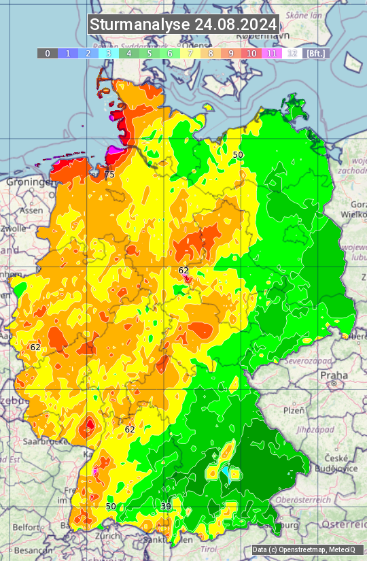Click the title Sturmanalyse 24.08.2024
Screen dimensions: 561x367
click(x=183, y=24)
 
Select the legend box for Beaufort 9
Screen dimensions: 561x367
click(x=231, y=53)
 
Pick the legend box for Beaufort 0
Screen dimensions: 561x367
click(x=48, y=53)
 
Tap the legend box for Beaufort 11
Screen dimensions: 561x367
click(x=272, y=53)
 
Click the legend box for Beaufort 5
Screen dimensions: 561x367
click(x=150, y=53)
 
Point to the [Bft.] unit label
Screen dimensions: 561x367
click(x=316, y=53)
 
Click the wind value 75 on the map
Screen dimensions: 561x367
click(x=109, y=175)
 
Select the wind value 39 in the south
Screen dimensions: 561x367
click(x=166, y=507)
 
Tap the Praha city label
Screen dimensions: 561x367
click(x=334, y=375)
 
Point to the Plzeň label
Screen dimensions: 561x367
click(x=294, y=410)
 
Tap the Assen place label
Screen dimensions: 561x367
click(x=30, y=211)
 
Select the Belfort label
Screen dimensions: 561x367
click(x=27, y=527)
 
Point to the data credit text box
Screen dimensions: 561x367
click(x=307, y=549)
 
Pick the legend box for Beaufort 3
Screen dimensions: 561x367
click(x=109, y=53)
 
